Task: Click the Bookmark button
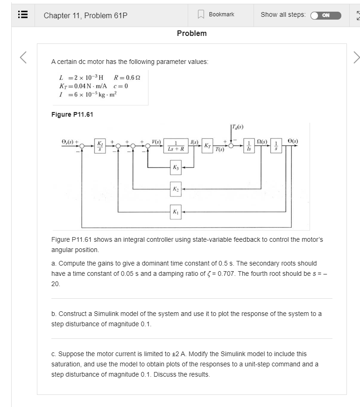pos(217,14)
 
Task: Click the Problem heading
pos(191,33)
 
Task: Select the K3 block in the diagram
pos(176,167)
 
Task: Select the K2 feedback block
pos(176,189)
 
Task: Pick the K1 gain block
pos(176,211)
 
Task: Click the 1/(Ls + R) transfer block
pos(176,146)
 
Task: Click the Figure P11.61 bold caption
pos(72,114)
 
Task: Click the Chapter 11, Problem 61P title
pos(85,15)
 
